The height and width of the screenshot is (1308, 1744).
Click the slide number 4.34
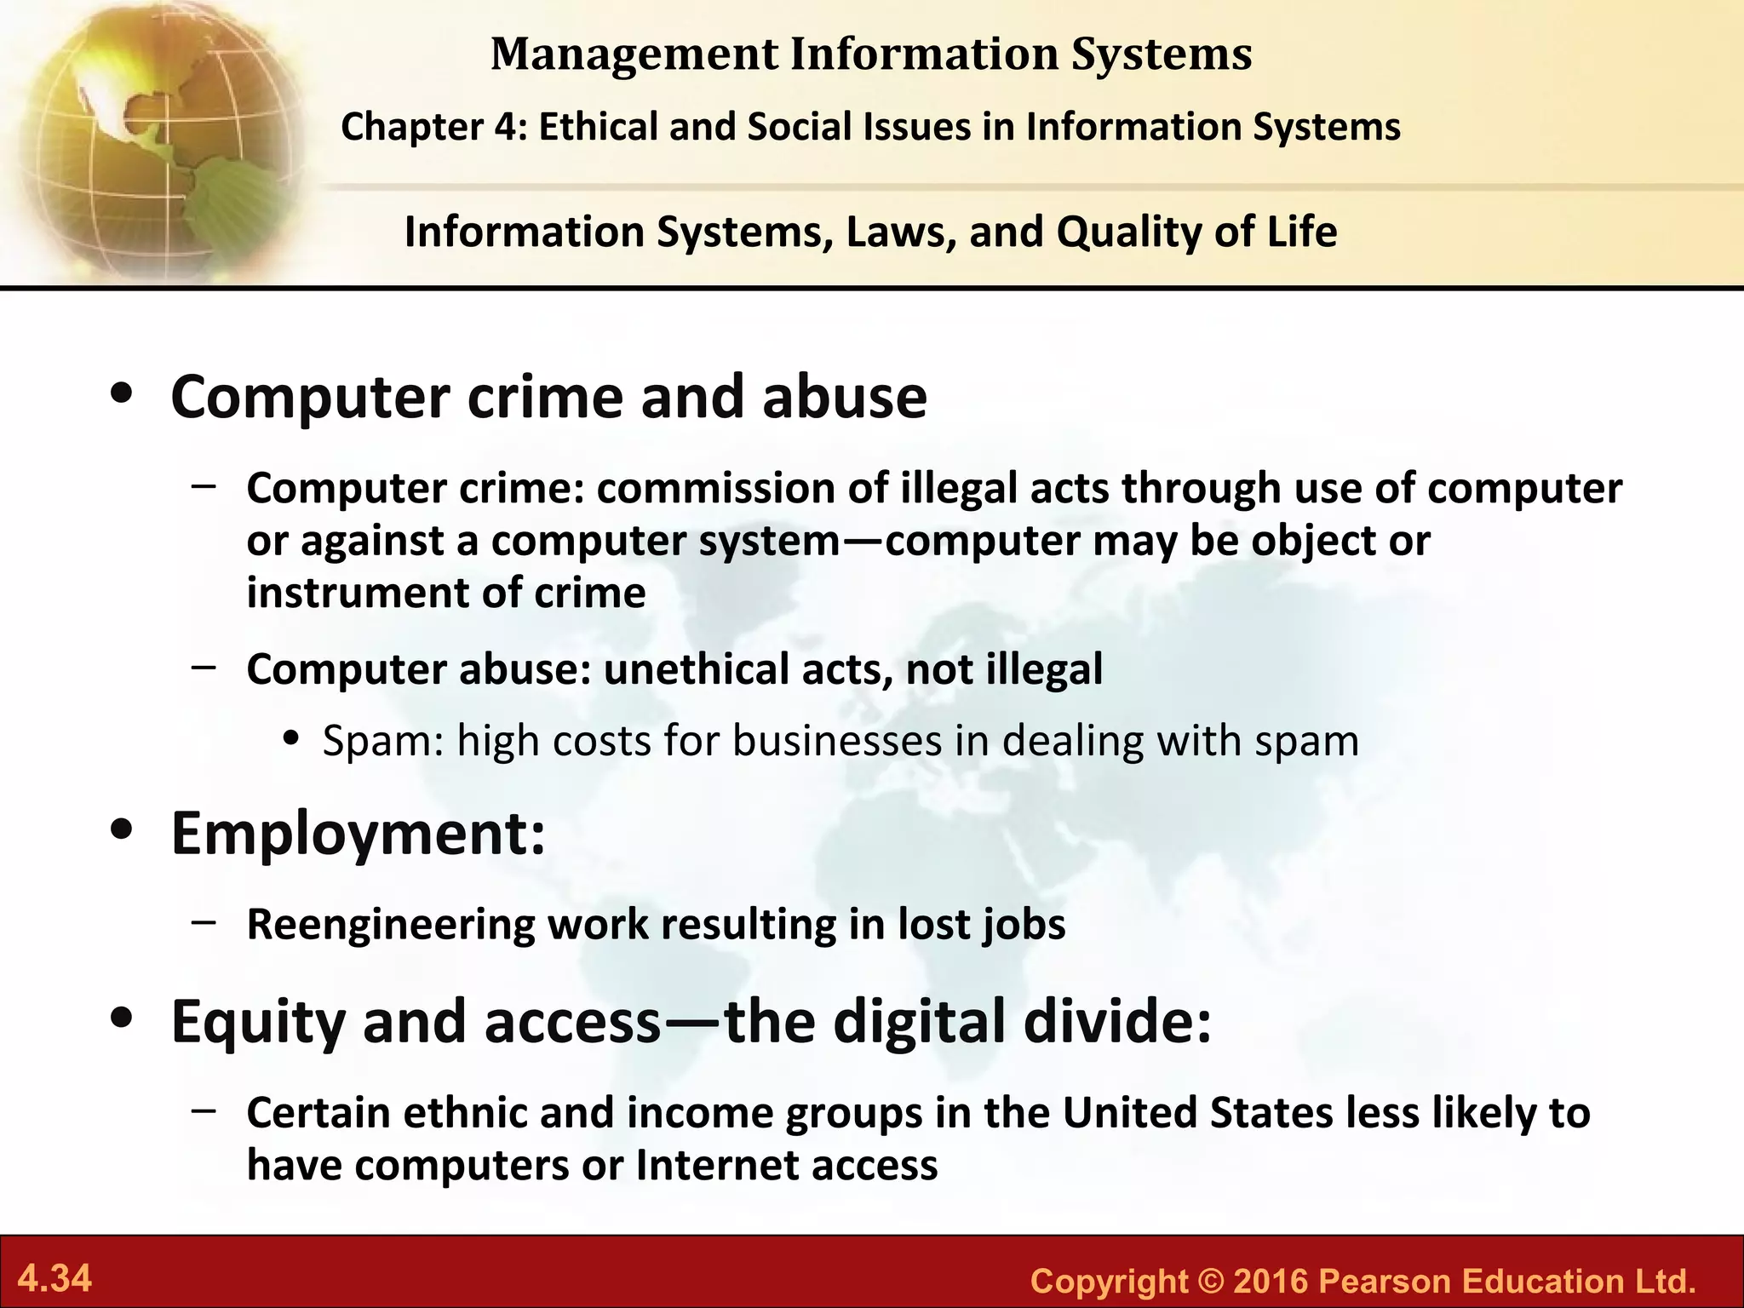coord(55,1278)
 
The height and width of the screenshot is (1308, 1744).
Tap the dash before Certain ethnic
coord(204,1110)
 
